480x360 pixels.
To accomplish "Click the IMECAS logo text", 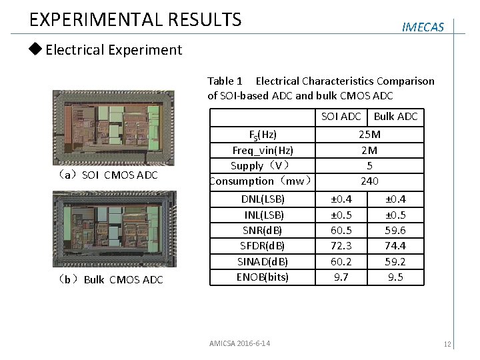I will coord(423,27).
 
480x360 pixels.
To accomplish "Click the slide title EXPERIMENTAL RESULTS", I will coord(135,19).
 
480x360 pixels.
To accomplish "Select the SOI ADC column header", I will coord(341,117).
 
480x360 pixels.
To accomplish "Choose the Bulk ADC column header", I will coord(395,117).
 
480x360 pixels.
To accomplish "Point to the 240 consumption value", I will coord(369,181).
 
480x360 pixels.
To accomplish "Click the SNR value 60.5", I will coord(341,230).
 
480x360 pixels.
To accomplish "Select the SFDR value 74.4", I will coord(395,245).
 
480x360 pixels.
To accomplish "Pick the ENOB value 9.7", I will coord(341,277).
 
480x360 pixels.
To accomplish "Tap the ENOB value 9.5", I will coord(395,277).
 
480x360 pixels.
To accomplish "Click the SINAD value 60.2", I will coord(341,261).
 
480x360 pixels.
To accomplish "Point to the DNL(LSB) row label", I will coord(263,199).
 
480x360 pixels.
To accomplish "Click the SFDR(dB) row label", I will coord(263,245).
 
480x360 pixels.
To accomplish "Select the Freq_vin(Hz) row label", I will coord(263,150).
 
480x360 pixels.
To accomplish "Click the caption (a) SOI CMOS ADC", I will coord(108,175).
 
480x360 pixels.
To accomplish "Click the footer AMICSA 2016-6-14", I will coord(239,343).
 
